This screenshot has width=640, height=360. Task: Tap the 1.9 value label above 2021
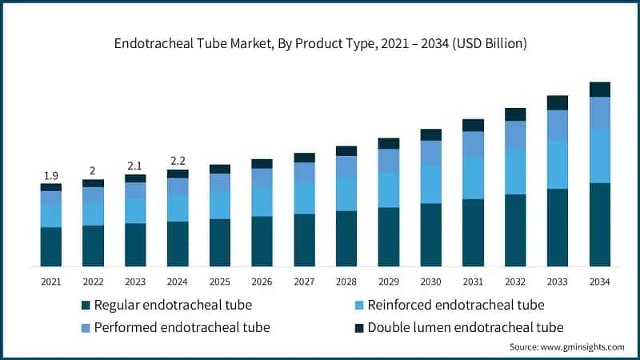click(x=50, y=175)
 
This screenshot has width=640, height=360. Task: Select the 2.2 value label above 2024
click(x=178, y=161)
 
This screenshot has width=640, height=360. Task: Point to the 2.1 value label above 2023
click(x=135, y=166)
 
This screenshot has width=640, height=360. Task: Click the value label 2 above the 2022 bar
click(x=93, y=170)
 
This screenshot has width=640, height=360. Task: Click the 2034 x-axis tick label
click(x=599, y=281)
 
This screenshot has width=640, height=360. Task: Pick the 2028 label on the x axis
click(x=346, y=281)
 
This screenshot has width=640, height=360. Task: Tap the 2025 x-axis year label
click(x=220, y=281)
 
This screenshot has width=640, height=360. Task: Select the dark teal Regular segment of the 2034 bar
click(x=599, y=224)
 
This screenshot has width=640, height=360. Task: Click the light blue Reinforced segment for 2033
click(x=558, y=165)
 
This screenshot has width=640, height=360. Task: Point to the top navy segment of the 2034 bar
click(x=599, y=89)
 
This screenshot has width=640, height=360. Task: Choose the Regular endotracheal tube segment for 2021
click(x=50, y=246)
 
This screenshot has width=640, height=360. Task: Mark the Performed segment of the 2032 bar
click(x=515, y=134)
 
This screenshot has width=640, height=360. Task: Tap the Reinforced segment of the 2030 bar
click(x=430, y=184)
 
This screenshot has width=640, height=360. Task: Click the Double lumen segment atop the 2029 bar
click(x=389, y=143)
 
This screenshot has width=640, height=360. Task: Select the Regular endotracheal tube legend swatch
click(x=86, y=305)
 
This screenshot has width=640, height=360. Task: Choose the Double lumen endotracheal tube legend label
click(x=466, y=327)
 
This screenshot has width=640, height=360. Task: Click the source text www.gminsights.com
click(x=566, y=347)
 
